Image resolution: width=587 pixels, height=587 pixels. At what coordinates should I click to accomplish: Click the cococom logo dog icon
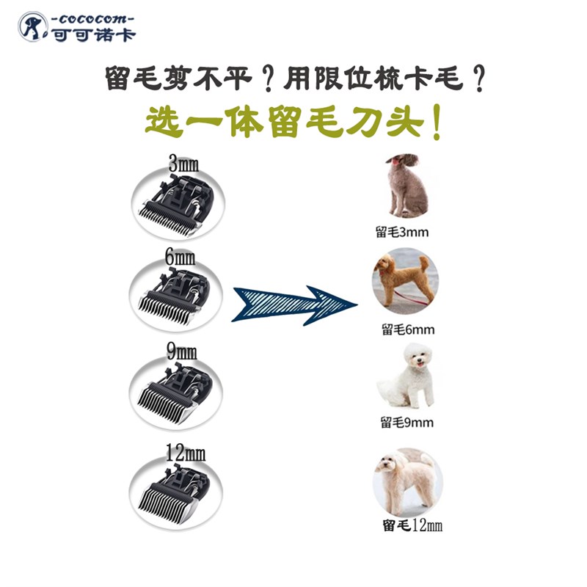[30, 26]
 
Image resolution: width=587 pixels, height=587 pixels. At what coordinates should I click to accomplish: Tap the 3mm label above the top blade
[183, 163]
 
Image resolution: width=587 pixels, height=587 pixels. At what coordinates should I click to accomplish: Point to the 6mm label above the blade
[179, 258]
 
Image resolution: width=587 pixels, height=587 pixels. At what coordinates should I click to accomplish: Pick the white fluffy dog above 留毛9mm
[406, 378]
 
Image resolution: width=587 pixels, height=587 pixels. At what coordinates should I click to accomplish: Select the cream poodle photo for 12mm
[406, 481]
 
